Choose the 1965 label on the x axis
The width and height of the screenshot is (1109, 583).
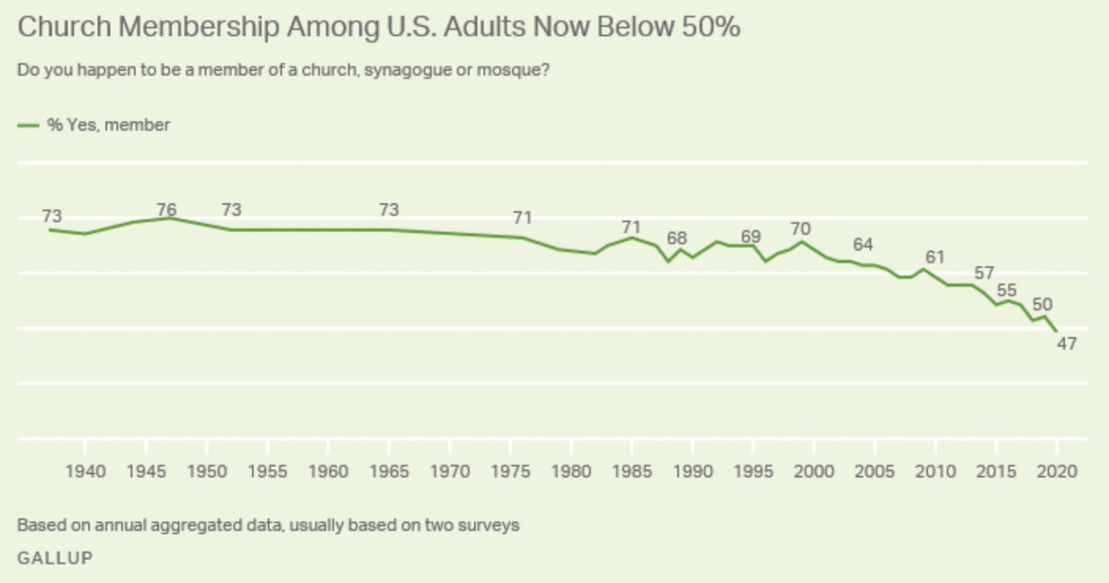(389, 470)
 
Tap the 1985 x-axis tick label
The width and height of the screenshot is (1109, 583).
(631, 470)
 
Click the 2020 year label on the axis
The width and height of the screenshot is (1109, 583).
(1055, 470)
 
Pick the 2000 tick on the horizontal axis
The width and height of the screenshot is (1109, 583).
(813, 470)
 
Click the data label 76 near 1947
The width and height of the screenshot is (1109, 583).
(166, 209)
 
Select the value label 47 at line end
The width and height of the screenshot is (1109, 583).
(1067, 345)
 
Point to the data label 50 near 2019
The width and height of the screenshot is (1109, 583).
(1042, 304)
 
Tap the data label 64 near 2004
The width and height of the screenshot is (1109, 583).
(863, 245)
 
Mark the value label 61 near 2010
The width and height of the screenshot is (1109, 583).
(936, 257)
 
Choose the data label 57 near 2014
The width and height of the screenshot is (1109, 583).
(984, 273)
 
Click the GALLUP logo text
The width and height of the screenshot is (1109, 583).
(55, 558)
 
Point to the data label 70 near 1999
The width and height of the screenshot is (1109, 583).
(800, 228)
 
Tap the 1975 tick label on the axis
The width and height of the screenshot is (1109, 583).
(510, 470)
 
